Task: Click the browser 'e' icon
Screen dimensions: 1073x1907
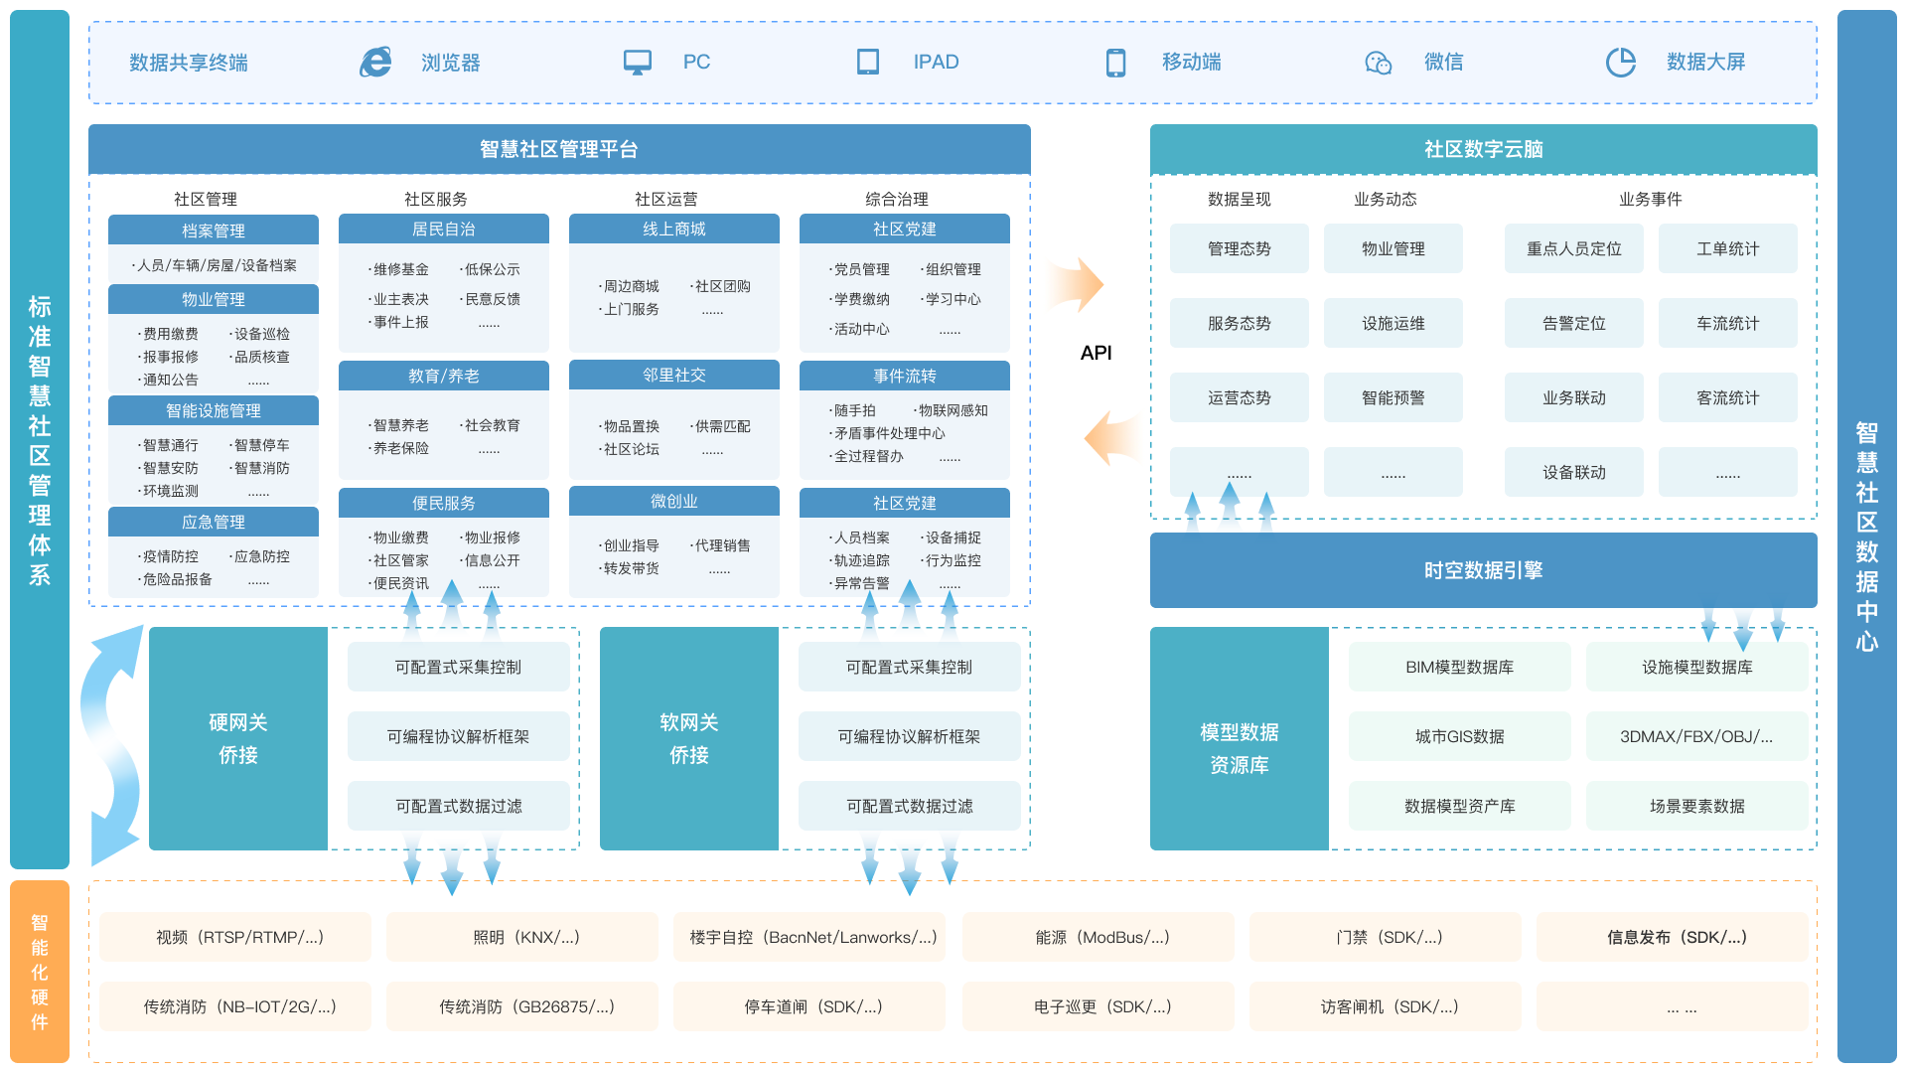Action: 375,62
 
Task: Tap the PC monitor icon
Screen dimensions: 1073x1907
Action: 637,62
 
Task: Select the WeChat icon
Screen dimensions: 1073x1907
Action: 1378,63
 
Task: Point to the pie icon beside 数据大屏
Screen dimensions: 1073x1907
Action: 1620,62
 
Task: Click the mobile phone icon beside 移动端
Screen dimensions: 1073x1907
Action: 1115,63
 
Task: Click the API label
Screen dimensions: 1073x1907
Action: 1096,353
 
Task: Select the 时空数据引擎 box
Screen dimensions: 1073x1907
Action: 1483,570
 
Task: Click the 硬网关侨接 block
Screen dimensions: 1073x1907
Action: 238,738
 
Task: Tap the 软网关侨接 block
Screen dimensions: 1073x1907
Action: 688,738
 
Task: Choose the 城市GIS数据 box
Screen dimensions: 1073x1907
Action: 1459,736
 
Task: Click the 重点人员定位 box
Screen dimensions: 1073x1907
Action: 1573,248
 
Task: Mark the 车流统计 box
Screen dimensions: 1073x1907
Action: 1727,323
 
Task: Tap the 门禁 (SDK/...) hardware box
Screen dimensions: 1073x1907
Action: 1385,937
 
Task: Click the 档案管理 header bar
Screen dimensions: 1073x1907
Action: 213,230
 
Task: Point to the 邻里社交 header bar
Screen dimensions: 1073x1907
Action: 673,375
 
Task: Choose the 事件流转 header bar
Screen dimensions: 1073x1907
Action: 904,376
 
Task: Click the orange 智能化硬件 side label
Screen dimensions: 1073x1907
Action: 40,972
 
